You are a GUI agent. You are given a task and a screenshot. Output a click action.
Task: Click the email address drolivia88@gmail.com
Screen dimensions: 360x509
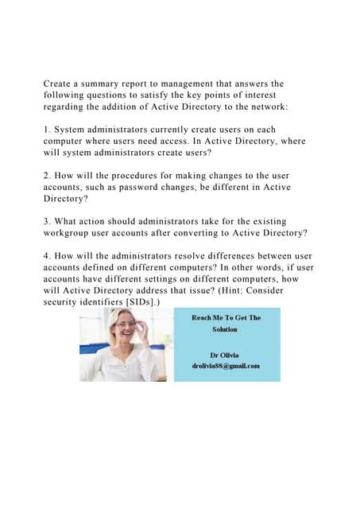pyautogui.click(x=226, y=365)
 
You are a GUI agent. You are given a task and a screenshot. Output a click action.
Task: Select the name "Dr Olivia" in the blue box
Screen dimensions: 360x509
pyautogui.click(x=226, y=353)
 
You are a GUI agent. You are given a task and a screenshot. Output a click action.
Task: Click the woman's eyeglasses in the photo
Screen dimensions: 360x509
pyautogui.click(x=126, y=324)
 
